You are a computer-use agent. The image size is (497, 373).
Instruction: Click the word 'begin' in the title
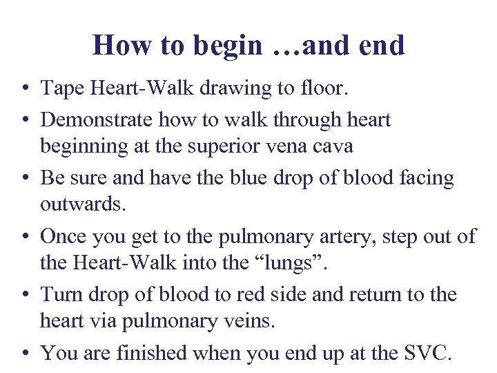click(x=228, y=46)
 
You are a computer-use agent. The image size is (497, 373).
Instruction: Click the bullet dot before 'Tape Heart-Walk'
click(x=25, y=89)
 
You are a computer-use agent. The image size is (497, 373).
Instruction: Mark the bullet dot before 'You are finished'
click(x=25, y=354)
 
